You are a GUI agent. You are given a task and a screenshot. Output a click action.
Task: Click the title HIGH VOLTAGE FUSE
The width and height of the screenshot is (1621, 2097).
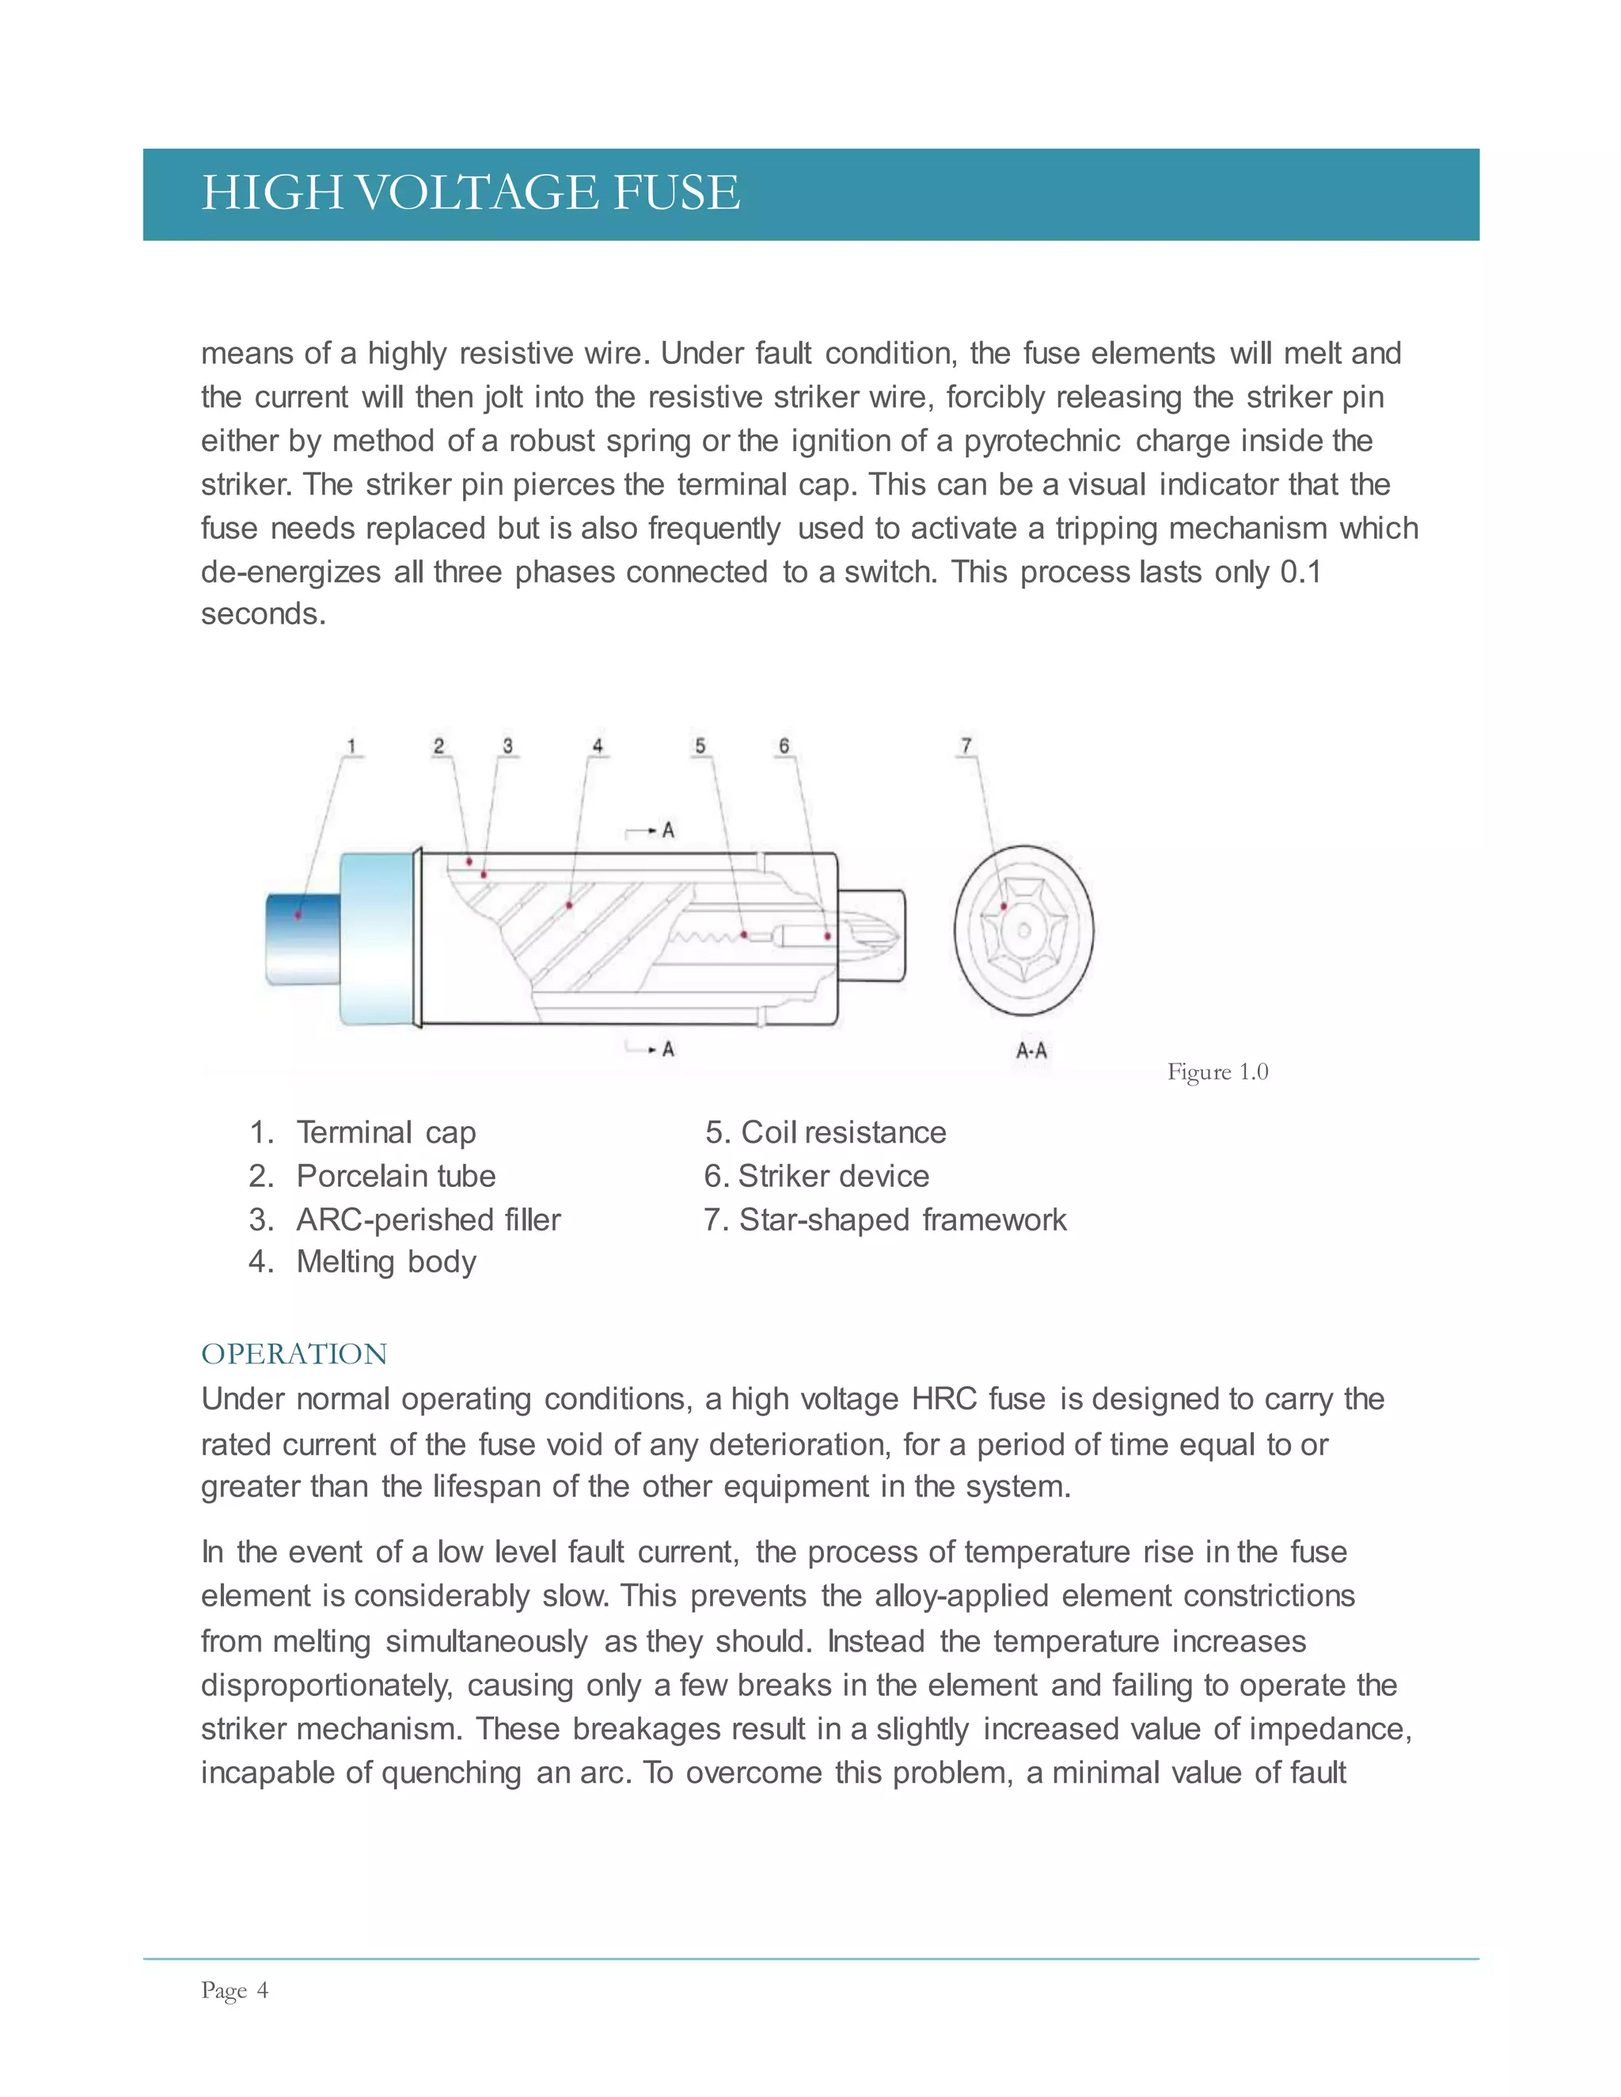[471, 192]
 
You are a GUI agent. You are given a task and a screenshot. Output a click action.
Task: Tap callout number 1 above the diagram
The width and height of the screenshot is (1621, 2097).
[351, 746]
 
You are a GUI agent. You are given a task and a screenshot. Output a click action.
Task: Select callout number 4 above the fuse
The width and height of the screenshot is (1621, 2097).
[598, 746]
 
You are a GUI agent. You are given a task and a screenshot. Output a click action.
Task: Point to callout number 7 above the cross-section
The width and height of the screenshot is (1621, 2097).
[966, 745]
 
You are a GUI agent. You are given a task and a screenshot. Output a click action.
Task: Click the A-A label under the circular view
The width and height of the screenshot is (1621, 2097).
[1031, 1050]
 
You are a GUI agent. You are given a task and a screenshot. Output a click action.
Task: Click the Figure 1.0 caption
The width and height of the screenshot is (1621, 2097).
[1217, 1071]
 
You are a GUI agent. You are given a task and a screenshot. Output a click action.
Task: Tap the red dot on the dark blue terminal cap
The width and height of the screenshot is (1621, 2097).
[298, 914]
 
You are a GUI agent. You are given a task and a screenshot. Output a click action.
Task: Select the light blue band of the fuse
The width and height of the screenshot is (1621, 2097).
[375, 939]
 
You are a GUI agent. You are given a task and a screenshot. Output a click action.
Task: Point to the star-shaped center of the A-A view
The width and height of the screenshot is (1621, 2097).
[1023, 931]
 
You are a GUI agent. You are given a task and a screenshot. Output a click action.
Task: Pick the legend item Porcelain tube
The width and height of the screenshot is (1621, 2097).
[396, 1176]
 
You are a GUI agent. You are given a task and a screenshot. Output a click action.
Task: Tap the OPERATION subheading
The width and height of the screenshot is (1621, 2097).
[294, 1354]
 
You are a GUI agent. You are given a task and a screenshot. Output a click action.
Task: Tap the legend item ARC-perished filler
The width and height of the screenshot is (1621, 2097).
[428, 1219]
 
